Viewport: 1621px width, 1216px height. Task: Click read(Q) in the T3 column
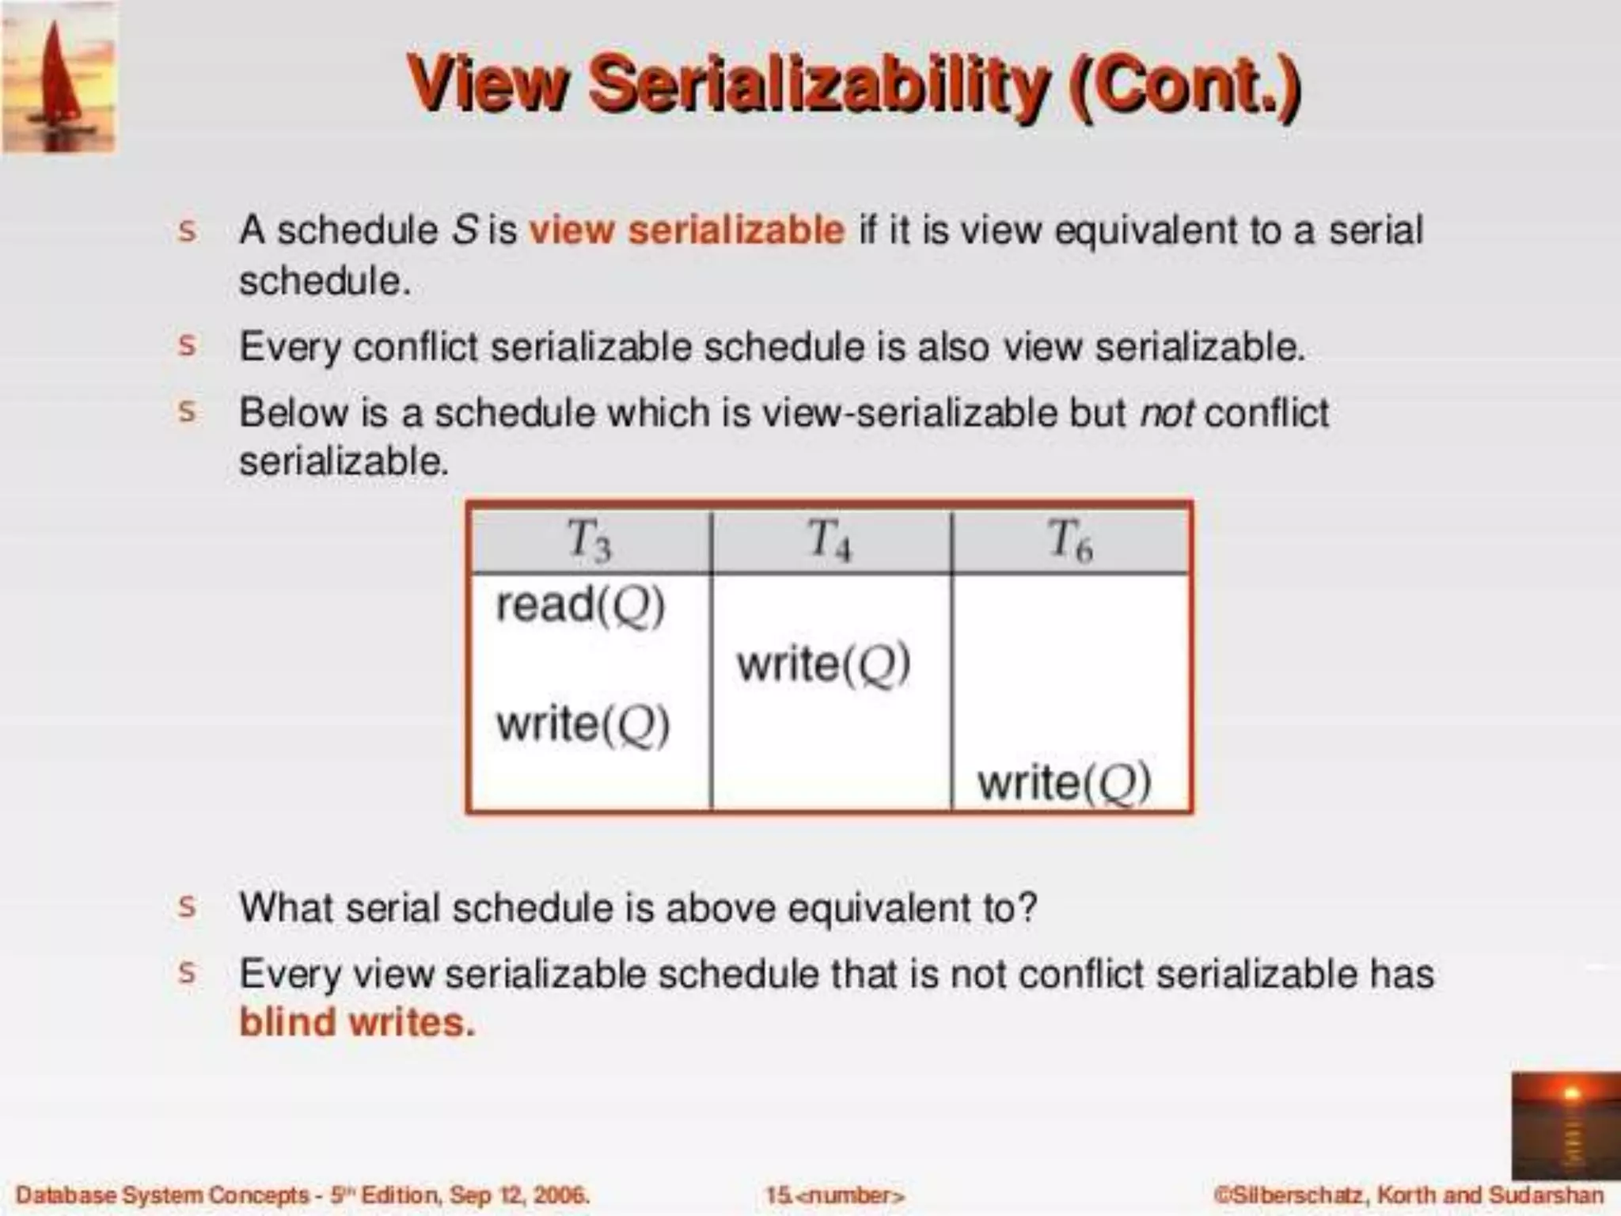[x=580, y=606]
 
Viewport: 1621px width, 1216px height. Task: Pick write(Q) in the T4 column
[x=823, y=663]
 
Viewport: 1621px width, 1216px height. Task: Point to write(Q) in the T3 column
[x=583, y=724]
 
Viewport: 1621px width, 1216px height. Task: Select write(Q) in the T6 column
[x=1064, y=782]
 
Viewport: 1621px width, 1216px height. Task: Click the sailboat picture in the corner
[x=59, y=77]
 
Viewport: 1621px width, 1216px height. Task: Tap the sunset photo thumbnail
[x=1565, y=1125]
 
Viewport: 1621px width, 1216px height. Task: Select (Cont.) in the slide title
[x=1184, y=85]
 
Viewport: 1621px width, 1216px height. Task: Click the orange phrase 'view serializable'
[x=686, y=230]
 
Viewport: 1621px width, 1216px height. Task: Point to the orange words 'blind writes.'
[x=357, y=1022]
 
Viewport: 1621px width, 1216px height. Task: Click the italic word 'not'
[x=1166, y=413]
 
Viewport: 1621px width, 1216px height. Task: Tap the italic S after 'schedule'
[x=465, y=230]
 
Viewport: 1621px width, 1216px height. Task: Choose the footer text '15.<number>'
[x=834, y=1195]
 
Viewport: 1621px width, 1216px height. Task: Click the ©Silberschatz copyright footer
[x=1408, y=1195]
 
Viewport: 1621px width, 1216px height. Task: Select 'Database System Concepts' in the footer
[x=162, y=1195]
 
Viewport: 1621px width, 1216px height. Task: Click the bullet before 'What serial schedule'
[x=187, y=906]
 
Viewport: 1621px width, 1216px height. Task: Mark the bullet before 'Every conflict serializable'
[x=187, y=345]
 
